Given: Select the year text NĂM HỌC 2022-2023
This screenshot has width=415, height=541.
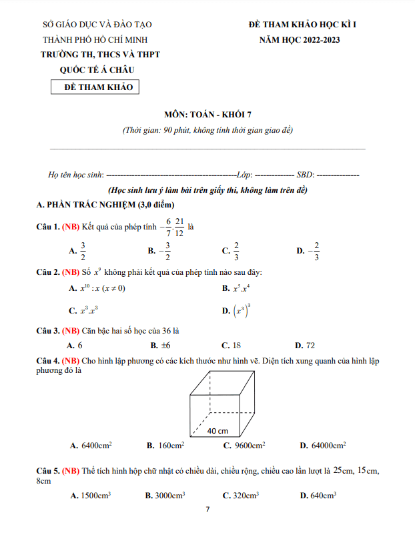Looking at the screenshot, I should tap(300, 40).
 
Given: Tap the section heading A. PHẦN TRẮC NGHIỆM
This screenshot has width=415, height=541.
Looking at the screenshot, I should tap(105, 204).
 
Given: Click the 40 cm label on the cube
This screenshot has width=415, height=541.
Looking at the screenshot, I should tap(218, 431).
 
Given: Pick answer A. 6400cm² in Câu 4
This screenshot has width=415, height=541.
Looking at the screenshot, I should tap(91, 445).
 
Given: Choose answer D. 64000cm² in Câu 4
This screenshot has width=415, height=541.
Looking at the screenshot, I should tap(322, 445).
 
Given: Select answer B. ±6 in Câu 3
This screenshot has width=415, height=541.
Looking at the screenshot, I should tap(161, 346).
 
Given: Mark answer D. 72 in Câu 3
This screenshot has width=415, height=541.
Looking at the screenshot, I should tap(304, 346).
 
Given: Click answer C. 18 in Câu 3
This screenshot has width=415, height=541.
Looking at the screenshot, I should tap(231, 346).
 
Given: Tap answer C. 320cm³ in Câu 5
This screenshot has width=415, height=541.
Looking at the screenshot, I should tap(240, 496).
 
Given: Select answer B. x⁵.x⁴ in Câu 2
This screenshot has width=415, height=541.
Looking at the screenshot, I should tap(235, 289).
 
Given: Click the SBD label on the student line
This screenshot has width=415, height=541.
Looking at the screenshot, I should tap(304, 175).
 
